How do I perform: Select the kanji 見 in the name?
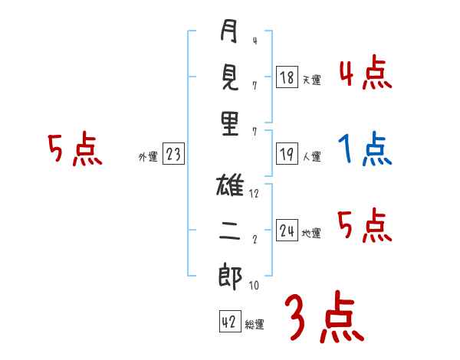230,78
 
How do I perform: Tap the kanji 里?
230,124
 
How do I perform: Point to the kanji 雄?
231,187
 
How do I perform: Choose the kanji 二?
230,231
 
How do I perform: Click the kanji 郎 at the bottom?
231,277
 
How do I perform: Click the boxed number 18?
287,78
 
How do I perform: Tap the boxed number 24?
287,231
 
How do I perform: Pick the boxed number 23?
173,155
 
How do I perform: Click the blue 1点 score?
363,150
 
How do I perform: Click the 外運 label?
148,157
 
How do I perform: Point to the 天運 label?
311,80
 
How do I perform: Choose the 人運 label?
311,157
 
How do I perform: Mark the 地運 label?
311,233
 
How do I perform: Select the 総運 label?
255,324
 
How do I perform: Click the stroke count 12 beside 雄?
255,194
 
